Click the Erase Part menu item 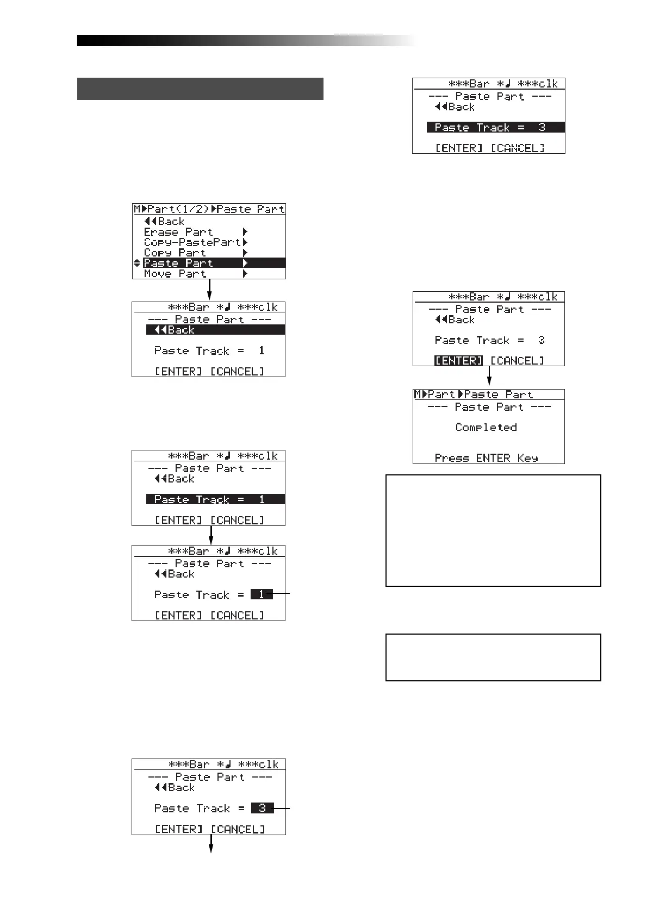point(178,232)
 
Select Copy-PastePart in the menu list point(192,242)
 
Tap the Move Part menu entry point(175,274)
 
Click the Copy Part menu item point(175,253)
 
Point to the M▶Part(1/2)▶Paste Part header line point(209,209)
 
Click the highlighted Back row point(215,330)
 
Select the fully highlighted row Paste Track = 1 point(215,499)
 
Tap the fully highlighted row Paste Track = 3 point(495,128)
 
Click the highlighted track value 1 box point(262,594)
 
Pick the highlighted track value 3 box point(262,808)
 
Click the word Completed point(486,428)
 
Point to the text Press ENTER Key point(486,458)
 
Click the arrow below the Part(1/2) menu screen point(209,290)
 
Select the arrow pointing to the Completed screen point(489,377)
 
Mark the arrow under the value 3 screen point(211,843)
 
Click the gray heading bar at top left point(200,89)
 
